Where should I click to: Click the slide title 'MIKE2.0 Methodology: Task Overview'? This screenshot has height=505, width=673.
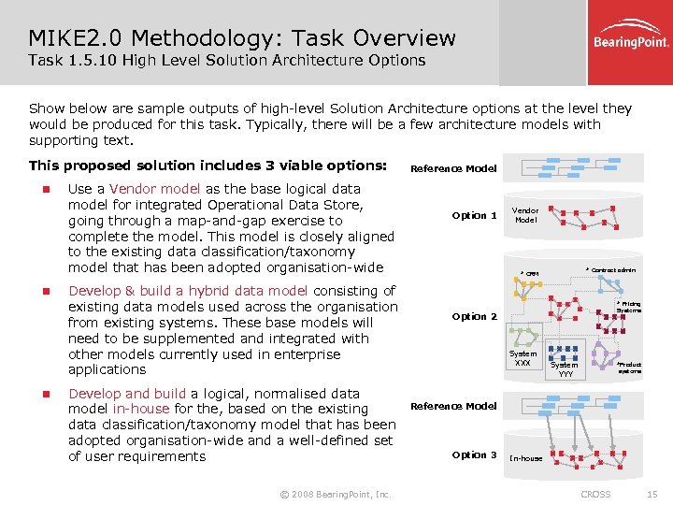[x=242, y=38]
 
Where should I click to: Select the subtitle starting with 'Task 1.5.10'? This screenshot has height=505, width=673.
[x=226, y=61]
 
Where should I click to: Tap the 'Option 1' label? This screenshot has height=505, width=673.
[x=474, y=215]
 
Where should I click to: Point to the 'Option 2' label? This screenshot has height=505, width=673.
[x=474, y=316]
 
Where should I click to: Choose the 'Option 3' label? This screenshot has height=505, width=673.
[x=474, y=454]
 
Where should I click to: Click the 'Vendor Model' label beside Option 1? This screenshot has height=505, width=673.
[x=525, y=215]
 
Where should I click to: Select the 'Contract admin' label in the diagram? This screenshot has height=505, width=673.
[x=612, y=270]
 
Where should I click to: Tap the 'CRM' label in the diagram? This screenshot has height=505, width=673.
[x=531, y=274]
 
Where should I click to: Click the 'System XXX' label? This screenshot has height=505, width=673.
[x=523, y=358]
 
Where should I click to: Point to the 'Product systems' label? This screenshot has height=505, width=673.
[x=629, y=368]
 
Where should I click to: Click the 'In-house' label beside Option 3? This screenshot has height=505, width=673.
[x=525, y=458]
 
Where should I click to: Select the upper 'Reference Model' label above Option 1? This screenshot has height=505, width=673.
[x=453, y=168]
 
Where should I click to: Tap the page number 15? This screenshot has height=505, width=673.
[x=652, y=494]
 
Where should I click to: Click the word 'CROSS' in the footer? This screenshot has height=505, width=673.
[x=595, y=494]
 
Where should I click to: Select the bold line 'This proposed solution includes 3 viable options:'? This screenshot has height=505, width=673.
[x=208, y=166]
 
